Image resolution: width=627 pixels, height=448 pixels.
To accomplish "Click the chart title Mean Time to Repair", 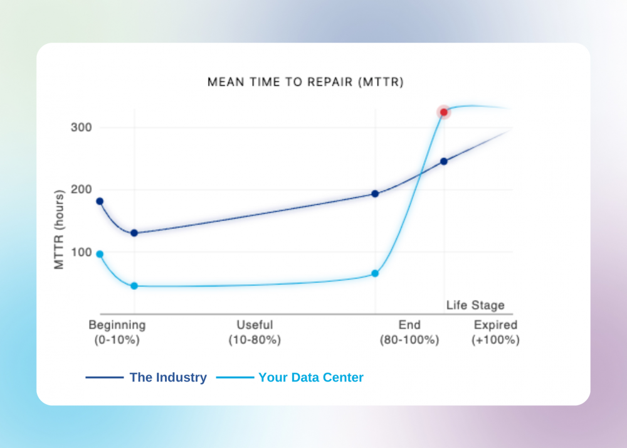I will [x=305, y=82].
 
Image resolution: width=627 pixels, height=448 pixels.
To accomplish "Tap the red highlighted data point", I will [x=444, y=112].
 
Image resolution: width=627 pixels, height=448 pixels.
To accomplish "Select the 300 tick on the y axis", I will [x=80, y=127].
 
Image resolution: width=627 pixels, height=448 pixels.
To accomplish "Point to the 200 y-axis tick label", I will [x=80, y=189].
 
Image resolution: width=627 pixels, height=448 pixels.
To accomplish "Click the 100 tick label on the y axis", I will [x=80, y=252].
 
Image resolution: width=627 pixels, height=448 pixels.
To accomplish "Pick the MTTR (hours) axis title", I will [x=60, y=230].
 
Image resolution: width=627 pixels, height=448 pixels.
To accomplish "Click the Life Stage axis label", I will [x=475, y=306].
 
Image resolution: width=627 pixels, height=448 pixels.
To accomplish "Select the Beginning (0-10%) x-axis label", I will [x=117, y=333].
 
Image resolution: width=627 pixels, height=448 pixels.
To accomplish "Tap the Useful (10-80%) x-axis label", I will [x=255, y=333].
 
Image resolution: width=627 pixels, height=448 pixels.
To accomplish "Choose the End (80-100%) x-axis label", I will [x=409, y=333].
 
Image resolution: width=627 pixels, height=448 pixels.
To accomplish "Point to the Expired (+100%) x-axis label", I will [x=495, y=333].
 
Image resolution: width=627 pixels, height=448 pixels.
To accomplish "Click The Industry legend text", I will [x=168, y=378].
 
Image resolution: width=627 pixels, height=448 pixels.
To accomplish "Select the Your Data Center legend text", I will [x=311, y=378].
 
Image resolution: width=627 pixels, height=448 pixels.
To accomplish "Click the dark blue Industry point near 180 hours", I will [x=100, y=201].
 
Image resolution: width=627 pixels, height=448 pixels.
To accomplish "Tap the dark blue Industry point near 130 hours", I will [x=134, y=233].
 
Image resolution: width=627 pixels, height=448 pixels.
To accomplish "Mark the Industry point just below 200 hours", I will [x=375, y=194].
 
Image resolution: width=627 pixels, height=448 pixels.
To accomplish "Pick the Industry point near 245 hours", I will [x=444, y=161].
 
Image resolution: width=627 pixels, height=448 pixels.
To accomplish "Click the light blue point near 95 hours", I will [x=100, y=254].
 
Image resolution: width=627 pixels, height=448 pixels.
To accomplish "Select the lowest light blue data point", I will [x=134, y=285].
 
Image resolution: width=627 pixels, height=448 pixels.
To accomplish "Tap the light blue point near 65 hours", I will [x=375, y=274].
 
